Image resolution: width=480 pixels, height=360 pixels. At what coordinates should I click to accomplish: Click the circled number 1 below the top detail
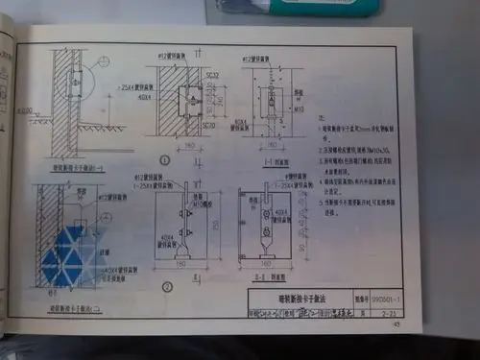pos(165,159)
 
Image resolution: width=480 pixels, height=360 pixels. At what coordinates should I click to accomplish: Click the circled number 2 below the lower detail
pos(165,286)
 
